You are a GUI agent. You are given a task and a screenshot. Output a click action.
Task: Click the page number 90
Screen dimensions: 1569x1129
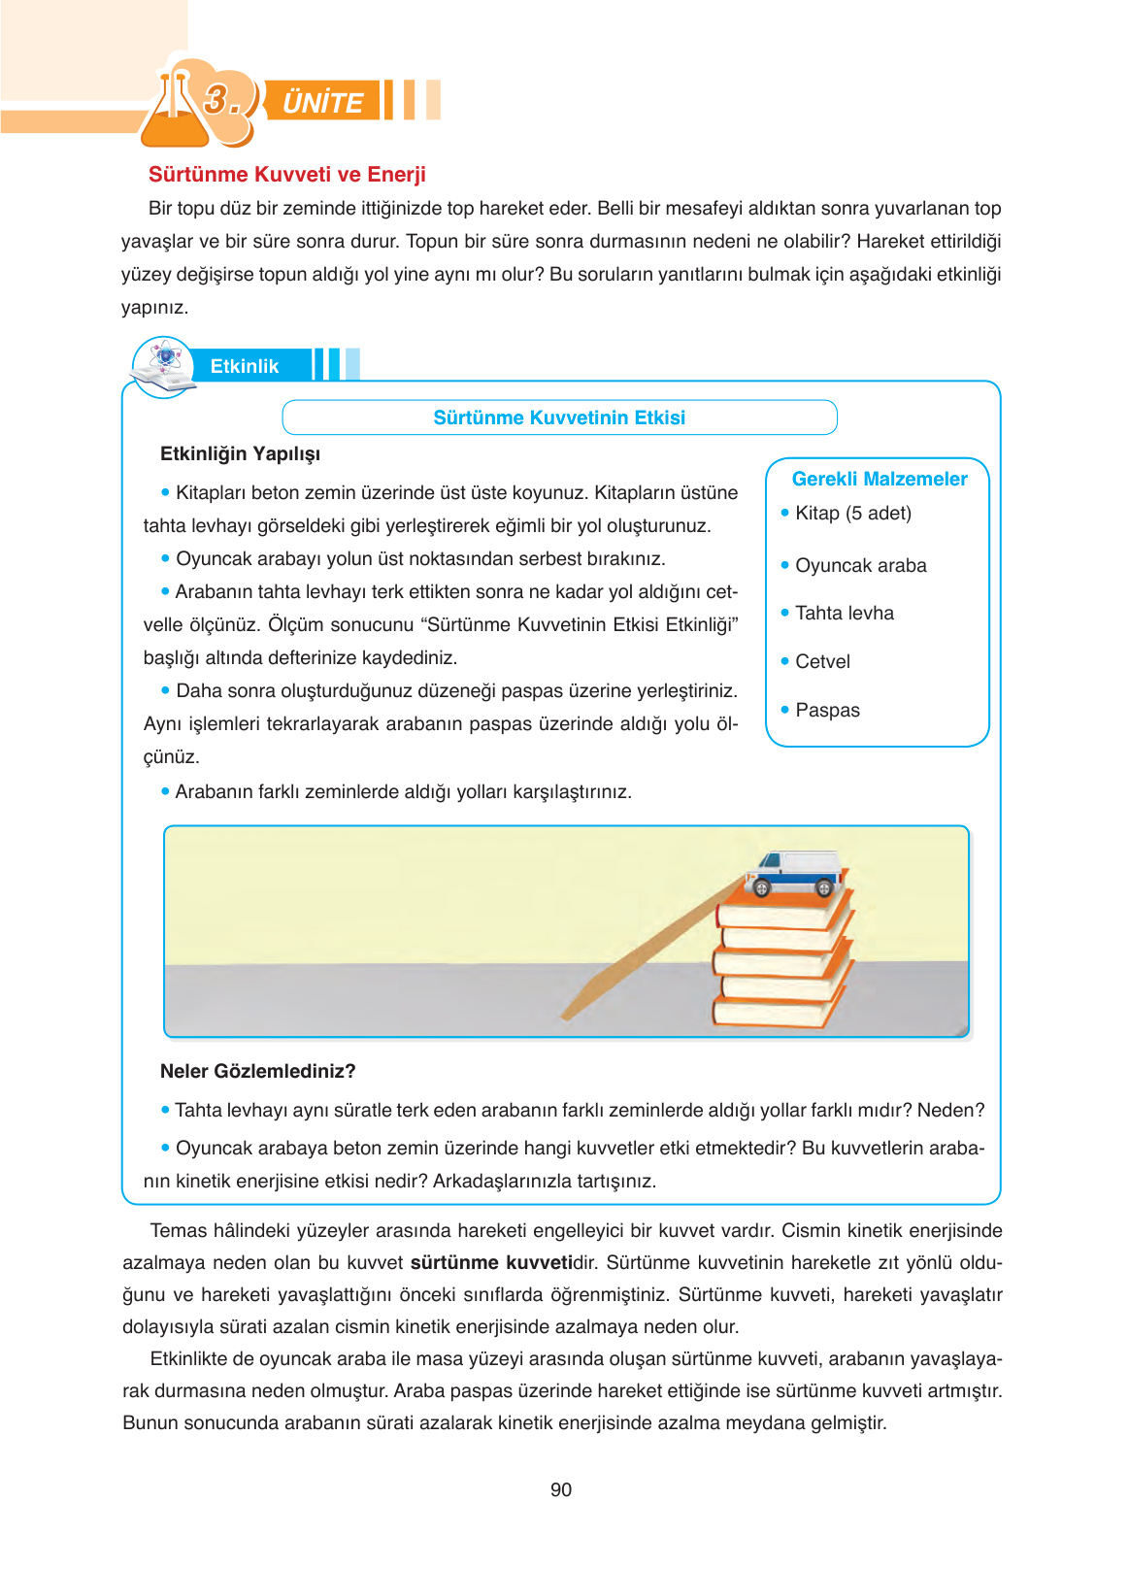(x=560, y=1489)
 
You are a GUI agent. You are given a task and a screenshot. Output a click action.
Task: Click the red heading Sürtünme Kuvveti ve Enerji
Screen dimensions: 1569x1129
(x=286, y=175)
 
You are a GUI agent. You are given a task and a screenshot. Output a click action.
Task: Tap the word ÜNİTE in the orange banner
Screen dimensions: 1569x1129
(x=322, y=102)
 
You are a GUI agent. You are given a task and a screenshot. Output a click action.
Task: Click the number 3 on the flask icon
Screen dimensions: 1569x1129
(x=217, y=99)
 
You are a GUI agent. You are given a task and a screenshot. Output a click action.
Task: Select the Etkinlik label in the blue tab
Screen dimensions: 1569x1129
(x=244, y=366)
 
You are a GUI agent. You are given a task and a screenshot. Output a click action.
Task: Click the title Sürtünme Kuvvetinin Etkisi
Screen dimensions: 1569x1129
(x=559, y=417)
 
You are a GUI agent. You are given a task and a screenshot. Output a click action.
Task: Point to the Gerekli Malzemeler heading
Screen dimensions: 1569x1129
(x=879, y=479)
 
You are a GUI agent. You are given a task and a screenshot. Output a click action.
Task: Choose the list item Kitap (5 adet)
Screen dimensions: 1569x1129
(x=852, y=513)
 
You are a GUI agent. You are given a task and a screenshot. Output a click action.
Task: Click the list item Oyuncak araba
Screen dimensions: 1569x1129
(x=860, y=565)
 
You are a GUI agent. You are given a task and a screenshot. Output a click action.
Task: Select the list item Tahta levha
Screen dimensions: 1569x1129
(x=844, y=613)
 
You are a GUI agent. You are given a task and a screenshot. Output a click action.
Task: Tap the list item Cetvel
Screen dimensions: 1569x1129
(x=822, y=661)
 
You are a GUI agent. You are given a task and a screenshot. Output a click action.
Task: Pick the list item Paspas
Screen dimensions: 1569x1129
(x=827, y=710)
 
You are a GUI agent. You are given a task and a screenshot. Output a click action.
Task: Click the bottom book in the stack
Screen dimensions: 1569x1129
(x=772, y=1012)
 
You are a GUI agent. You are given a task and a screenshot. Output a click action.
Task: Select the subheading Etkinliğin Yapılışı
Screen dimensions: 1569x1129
(x=240, y=453)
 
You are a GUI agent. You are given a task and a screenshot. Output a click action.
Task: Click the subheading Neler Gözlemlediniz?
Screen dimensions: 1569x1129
(x=257, y=1071)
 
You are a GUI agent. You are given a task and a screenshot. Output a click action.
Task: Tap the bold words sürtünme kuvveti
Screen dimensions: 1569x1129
(x=491, y=1262)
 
